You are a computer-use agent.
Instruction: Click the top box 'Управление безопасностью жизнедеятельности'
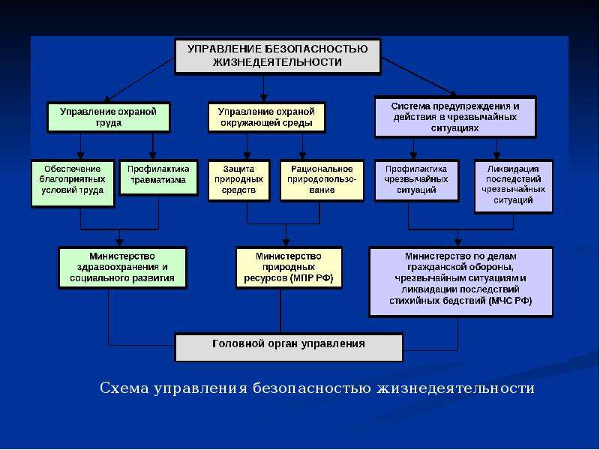click(x=277, y=55)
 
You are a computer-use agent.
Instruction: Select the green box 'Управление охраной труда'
click(x=109, y=118)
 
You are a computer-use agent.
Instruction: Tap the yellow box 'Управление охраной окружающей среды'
click(x=266, y=118)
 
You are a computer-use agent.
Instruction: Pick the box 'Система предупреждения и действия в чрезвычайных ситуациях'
click(x=454, y=117)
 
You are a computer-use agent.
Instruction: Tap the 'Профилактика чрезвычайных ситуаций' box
click(x=416, y=180)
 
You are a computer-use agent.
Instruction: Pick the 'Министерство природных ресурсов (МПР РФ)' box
click(x=289, y=267)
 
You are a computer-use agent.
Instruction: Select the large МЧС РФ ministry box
click(x=460, y=280)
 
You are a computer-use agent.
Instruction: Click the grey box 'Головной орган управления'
click(x=289, y=345)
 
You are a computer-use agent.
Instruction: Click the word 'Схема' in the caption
click(x=124, y=388)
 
